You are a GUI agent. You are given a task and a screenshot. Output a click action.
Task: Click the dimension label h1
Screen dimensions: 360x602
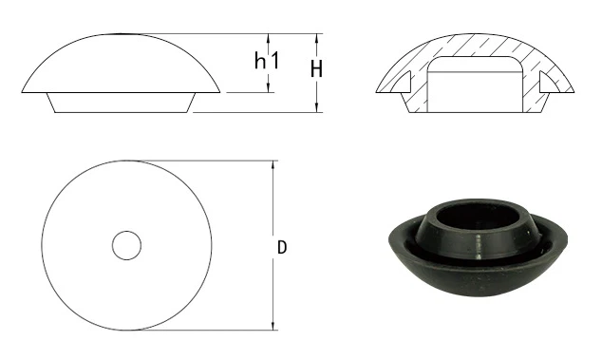pyautogui.click(x=265, y=62)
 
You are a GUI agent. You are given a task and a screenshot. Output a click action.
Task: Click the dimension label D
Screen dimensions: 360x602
pyautogui.click(x=282, y=247)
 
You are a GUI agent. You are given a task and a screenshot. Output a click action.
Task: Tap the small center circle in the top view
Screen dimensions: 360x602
pyautogui.click(x=126, y=245)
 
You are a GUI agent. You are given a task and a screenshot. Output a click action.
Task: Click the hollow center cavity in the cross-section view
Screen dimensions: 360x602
pyautogui.click(x=474, y=86)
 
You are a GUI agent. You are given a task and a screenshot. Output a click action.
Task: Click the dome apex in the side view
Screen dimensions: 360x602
pyautogui.click(x=123, y=36)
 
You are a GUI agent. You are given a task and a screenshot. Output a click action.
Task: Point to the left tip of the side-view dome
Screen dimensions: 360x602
pyautogui.click(x=24, y=92)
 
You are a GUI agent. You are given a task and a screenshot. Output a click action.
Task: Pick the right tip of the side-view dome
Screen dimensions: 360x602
pyautogui.click(x=221, y=92)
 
